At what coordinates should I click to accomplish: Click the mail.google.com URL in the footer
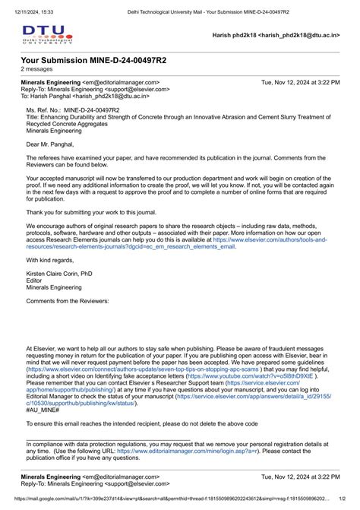159,505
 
